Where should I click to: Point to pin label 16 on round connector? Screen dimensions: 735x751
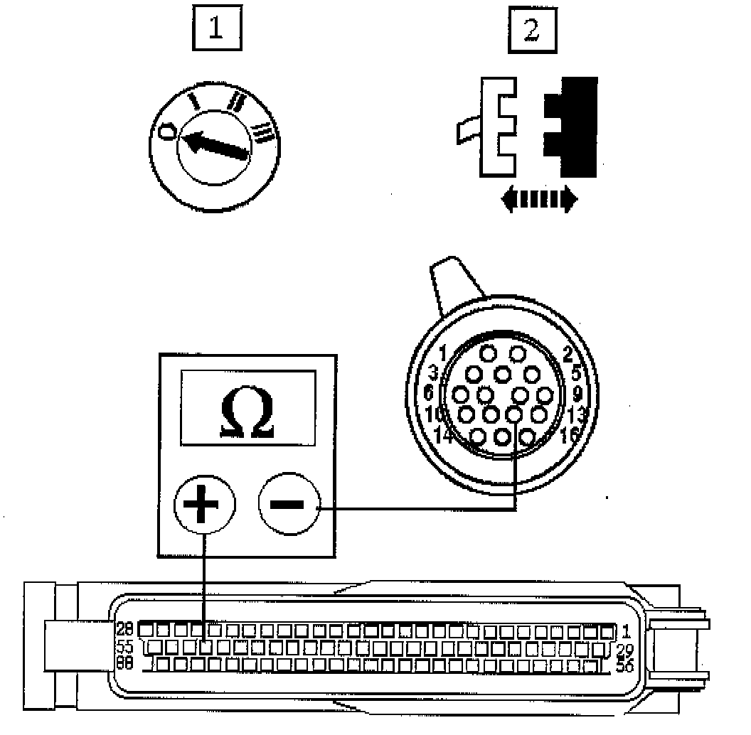(570, 435)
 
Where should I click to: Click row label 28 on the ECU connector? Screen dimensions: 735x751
(124, 629)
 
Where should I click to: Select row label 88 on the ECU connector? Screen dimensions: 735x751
(124, 665)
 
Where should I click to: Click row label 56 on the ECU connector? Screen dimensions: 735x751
(623, 666)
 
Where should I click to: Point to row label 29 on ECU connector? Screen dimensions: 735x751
(623, 650)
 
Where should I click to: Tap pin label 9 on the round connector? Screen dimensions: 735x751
(577, 392)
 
